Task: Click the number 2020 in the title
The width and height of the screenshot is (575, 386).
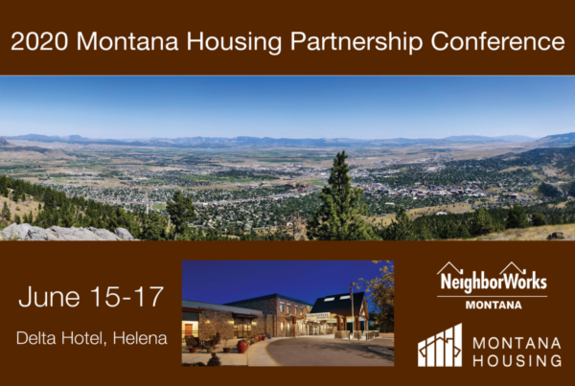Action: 39,40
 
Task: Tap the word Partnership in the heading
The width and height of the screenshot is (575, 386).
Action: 356,42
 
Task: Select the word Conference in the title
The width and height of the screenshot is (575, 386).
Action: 498,41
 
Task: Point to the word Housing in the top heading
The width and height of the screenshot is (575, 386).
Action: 234,42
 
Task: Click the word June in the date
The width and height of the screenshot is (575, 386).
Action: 49,297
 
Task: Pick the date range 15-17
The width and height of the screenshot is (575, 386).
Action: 126,296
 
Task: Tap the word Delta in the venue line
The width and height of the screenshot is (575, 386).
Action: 36,338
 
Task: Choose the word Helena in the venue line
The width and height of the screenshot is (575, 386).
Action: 140,338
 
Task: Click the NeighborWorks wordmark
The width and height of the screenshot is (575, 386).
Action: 494,281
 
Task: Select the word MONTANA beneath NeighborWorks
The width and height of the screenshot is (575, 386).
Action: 494,305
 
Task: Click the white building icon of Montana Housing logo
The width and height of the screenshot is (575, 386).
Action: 440,346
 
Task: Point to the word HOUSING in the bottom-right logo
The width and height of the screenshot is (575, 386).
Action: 517,361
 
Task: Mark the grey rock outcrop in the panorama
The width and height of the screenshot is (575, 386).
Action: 66,233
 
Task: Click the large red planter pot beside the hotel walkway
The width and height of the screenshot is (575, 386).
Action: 241,347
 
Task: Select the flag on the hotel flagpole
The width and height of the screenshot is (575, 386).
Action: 353,286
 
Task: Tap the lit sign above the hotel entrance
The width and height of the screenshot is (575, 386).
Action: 317,315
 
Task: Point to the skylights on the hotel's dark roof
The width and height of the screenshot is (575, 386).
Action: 338,298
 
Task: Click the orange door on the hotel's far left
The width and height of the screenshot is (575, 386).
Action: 188,330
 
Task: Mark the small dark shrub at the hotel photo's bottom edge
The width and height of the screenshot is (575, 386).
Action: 214,359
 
